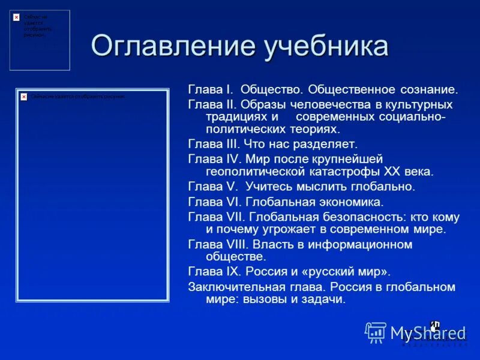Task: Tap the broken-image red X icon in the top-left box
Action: [x=16, y=17]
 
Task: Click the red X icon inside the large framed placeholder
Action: [x=23, y=96]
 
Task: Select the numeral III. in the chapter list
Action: [x=232, y=144]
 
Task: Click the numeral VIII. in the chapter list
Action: [x=236, y=244]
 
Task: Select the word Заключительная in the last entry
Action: [x=232, y=286]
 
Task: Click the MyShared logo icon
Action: [x=376, y=332]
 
